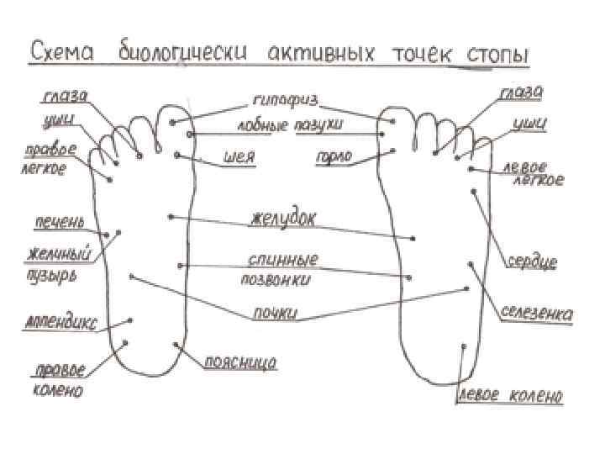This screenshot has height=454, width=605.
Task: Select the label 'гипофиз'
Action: click(x=285, y=100)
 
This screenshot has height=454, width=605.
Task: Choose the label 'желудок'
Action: click(x=282, y=220)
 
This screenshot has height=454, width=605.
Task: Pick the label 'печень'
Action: click(x=59, y=223)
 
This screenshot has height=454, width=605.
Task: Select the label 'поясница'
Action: click(x=240, y=363)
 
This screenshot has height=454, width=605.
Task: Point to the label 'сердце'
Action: click(x=531, y=262)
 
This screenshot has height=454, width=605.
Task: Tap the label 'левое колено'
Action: click(x=510, y=396)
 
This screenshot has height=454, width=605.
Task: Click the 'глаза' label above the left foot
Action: click(x=64, y=98)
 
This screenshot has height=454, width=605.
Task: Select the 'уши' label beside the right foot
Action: click(x=529, y=124)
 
